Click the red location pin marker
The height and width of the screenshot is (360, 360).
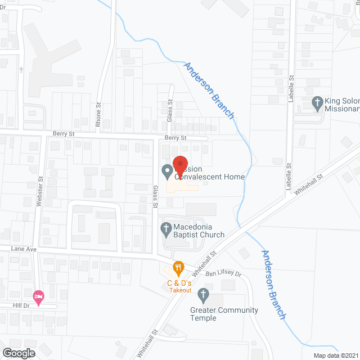(x=180, y=164)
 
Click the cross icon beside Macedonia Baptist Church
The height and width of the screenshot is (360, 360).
(x=166, y=228)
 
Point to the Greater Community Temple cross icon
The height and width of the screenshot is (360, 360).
(x=203, y=294)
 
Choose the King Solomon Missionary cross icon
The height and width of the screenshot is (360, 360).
(x=317, y=103)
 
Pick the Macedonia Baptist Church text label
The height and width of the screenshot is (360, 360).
(x=199, y=231)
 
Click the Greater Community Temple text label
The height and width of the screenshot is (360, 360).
(x=224, y=314)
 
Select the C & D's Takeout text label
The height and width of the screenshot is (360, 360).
(x=179, y=286)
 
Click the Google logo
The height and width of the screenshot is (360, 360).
(x=18, y=353)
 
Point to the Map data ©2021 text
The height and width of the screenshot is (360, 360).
(x=335, y=355)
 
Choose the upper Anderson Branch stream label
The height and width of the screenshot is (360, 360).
(x=209, y=90)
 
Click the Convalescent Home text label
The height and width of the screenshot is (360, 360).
(x=209, y=177)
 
